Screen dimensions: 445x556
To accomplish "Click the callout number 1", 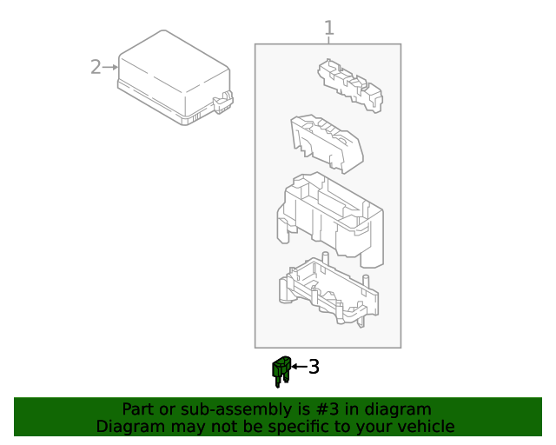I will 328,29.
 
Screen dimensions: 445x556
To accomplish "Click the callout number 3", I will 314,367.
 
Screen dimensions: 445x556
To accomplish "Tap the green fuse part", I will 280,371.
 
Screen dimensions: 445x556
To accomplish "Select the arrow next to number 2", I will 110,66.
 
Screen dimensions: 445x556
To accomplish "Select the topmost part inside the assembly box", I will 352,84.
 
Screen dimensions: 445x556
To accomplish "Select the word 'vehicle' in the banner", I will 424,427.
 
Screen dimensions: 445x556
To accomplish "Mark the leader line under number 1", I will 328,41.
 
